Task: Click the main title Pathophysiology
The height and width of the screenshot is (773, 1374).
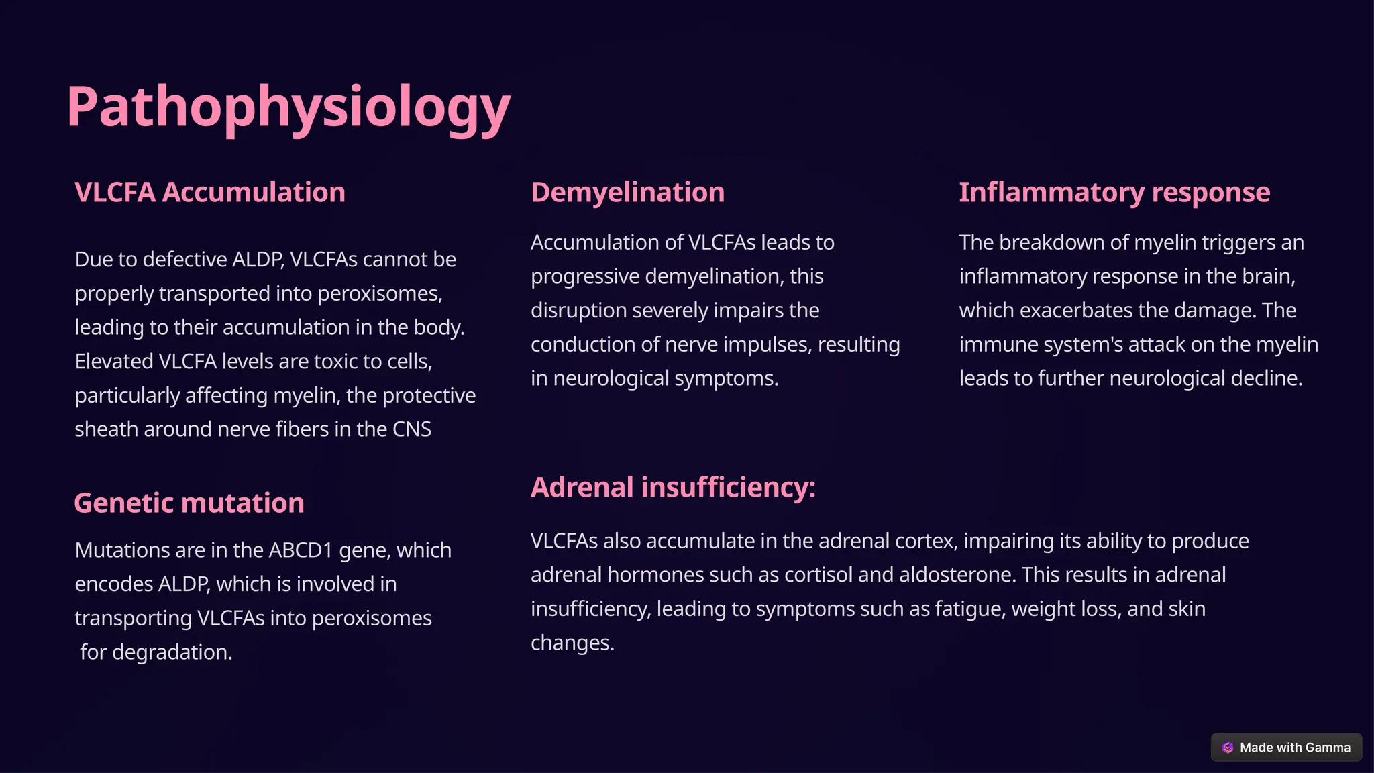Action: point(288,107)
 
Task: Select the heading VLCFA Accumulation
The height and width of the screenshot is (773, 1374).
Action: point(210,193)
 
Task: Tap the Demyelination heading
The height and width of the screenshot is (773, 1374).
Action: point(627,193)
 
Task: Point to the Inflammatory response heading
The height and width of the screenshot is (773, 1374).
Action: point(1114,193)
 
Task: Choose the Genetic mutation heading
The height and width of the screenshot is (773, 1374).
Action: point(189,503)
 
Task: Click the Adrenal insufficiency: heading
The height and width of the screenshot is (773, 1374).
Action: point(673,487)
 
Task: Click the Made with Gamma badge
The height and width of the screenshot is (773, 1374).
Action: point(1286,748)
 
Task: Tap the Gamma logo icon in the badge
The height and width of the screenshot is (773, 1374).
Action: point(1228,748)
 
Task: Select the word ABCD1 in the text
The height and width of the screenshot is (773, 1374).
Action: point(301,550)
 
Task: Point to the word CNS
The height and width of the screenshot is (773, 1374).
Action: point(412,429)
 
